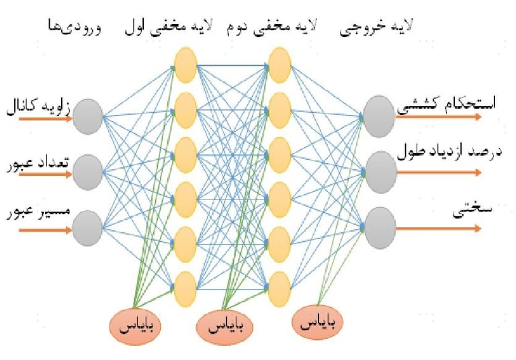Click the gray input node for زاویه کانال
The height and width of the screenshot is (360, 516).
click(x=87, y=116)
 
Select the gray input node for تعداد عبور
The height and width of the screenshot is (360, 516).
click(x=87, y=171)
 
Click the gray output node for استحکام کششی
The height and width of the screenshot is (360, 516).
click(x=378, y=112)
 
